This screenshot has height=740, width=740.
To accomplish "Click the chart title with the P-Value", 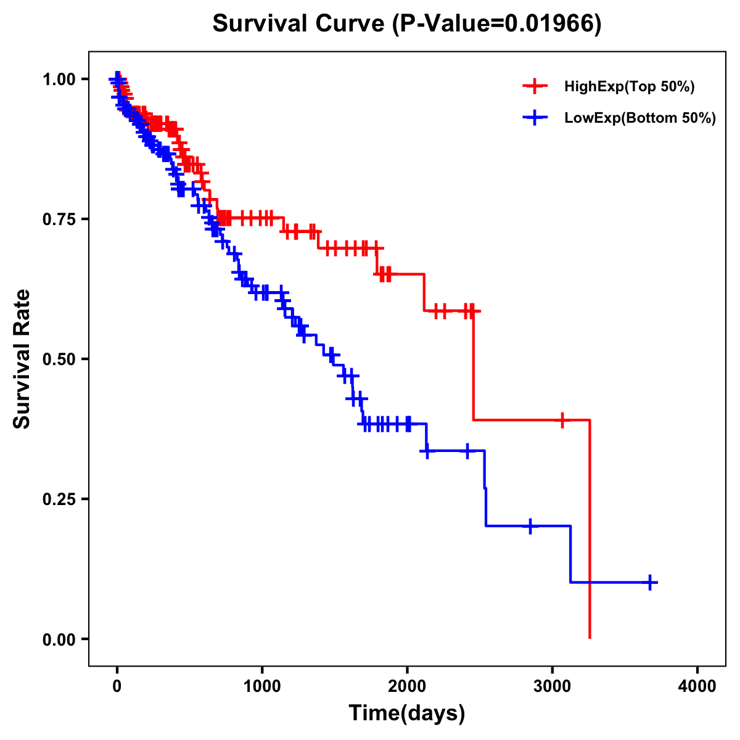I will [406, 23].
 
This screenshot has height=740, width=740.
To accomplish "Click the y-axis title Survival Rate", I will [22, 358].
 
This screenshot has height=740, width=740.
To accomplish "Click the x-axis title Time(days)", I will [406, 713].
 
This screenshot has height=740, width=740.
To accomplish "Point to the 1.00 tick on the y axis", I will [59, 79].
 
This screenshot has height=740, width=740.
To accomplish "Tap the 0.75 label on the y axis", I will [59, 219].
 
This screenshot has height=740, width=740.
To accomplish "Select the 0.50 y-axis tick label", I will [59, 359].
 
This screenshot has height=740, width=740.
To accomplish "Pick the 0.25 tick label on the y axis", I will [59, 499].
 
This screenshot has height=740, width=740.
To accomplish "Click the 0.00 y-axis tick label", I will [59, 639].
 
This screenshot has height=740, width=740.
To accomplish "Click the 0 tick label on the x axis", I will [117, 686].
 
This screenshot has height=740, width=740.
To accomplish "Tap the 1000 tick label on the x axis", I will [262, 686].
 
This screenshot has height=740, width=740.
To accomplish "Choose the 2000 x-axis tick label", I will [407, 686].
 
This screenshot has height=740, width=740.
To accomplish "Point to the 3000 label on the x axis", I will [553, 686].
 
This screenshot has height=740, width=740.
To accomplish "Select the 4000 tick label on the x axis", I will [697, 686].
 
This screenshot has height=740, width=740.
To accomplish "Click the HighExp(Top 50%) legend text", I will [630, 87].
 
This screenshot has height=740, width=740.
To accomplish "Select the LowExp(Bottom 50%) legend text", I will [640, 118].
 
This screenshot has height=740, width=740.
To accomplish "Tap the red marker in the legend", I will [535, 86].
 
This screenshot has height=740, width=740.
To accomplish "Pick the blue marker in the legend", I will [535, 118].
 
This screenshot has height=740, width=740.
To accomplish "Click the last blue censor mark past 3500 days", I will [650, 582].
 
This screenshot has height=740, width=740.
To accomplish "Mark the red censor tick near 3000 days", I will [562, 420].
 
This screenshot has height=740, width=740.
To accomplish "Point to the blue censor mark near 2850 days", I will [530, 526].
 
